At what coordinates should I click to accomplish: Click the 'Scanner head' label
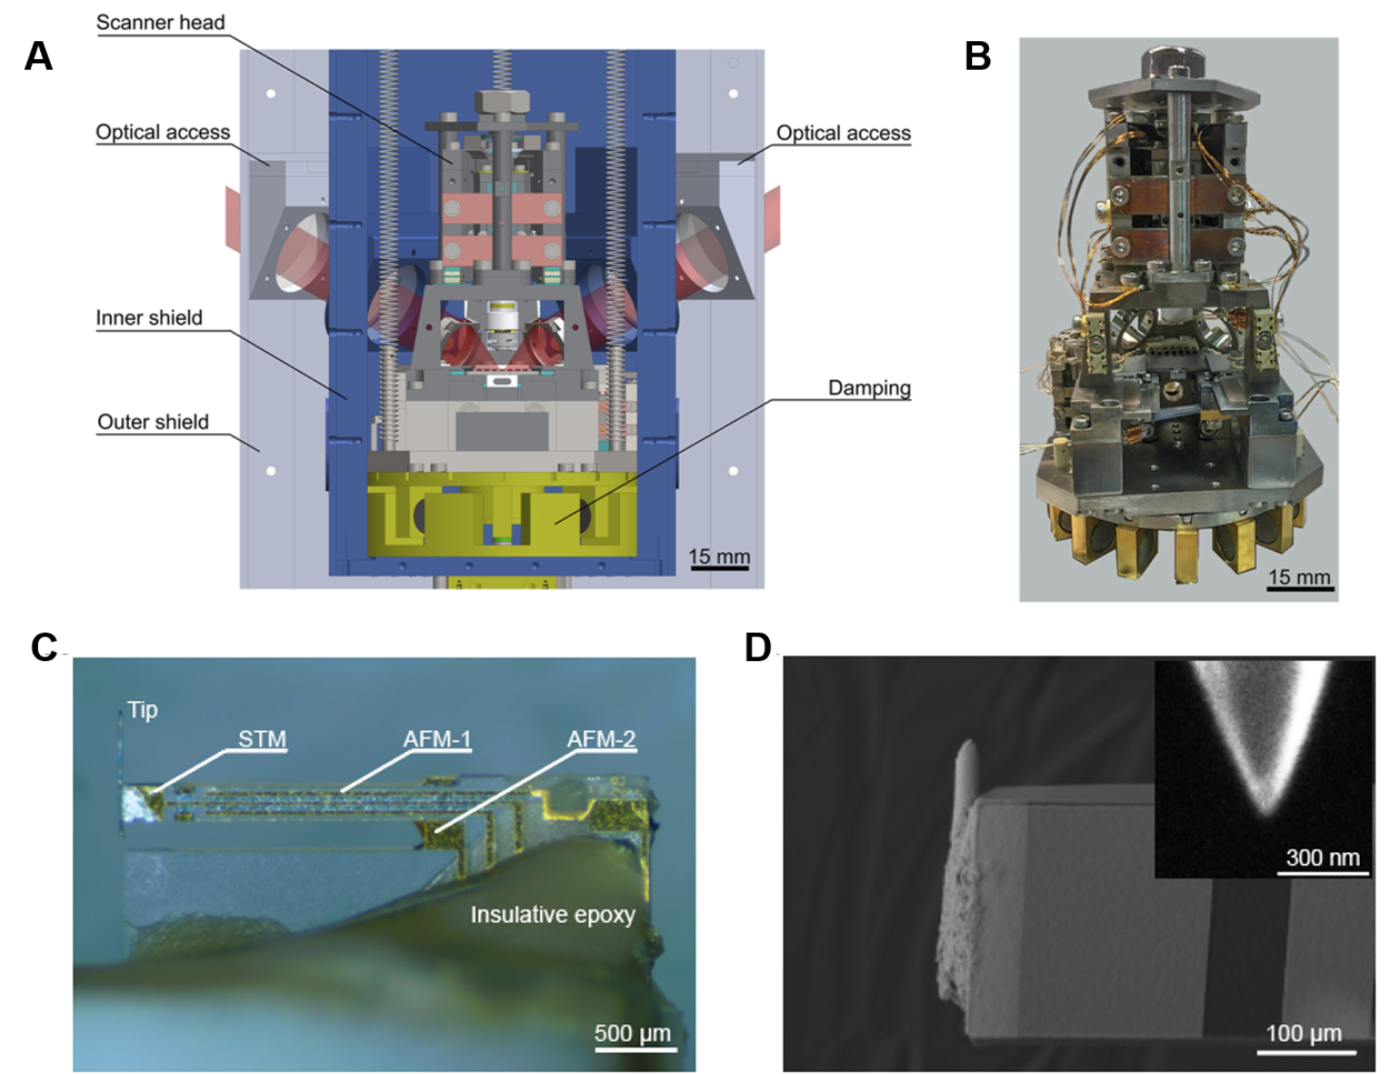tap(161, 22)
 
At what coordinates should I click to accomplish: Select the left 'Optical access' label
tap(162, 132)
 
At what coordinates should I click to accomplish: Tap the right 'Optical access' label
tap(843, 133)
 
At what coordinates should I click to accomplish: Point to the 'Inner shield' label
tap(149, 318)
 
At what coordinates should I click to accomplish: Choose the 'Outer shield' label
tap(153, 421)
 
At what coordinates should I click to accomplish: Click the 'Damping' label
tap(869, 388)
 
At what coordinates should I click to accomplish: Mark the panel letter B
tap(978, 56)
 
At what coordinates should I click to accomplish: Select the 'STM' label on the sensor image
tap(262, 739)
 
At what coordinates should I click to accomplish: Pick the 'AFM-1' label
tap(437, 739)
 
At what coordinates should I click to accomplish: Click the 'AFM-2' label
tap(601, 739)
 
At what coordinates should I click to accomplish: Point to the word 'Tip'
tap(142, 710)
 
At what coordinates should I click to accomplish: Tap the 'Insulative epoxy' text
tap(552, 914)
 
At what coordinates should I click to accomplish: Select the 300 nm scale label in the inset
tap(1323, 857)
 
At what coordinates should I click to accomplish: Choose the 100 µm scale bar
tap(1305, 1052)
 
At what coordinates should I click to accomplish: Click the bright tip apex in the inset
tap(1266, 810)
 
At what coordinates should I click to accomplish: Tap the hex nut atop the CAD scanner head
tap(501, 101)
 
